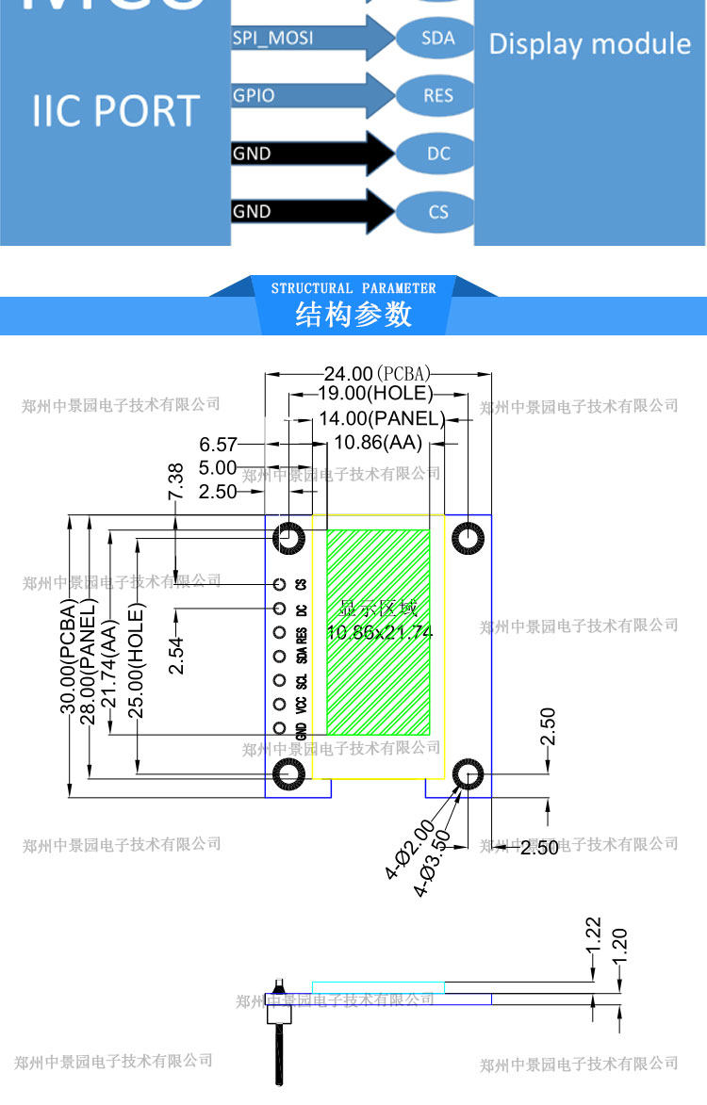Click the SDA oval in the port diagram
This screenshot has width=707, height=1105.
(438, 38)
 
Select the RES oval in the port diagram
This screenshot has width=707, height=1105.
(438, 95)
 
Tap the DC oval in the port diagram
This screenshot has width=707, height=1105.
(438, 153)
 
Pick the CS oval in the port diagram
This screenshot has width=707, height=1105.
(438, 211)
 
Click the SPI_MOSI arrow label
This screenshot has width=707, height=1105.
(272, 38)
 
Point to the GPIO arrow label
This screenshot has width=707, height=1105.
(254, 95)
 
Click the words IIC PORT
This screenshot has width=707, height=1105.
(116, 110)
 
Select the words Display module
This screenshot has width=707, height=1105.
(589, 43)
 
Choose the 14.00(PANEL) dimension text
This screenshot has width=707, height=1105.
(381, 418)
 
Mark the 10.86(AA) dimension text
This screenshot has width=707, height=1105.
(378, 443)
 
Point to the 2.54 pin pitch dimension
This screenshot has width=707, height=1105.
(176, 655)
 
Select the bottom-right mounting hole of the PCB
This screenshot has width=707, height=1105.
(467, 775)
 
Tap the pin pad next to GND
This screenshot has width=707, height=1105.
(279, 727)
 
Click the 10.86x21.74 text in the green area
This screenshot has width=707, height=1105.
(380, 633)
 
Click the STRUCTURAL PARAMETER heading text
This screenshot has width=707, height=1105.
(353, 288)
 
